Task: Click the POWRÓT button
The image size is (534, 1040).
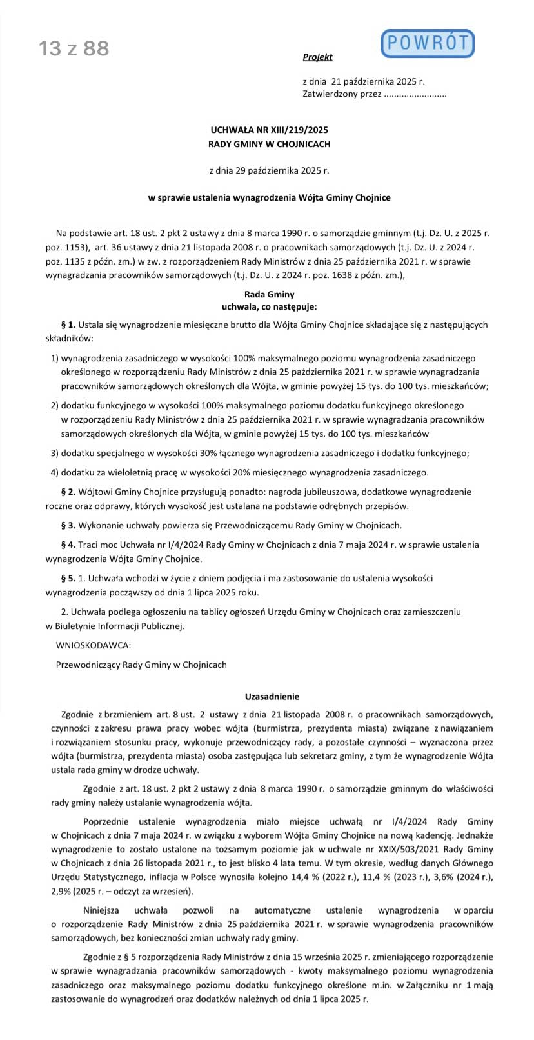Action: (x=428, y=43)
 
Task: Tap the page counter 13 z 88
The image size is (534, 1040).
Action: (x=74, y=48)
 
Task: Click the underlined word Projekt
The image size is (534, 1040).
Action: (x=317, y=57)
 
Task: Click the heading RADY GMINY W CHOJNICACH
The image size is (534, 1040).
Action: (x=269, y=144)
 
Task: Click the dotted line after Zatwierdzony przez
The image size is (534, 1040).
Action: (x=415, y=94)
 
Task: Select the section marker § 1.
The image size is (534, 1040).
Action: (x=68, y=325)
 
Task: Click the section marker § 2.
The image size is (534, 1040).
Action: (x=68, y=492)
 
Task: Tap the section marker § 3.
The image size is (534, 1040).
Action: (x=68, y=525)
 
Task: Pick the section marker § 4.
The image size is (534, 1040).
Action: (x=68, y=545)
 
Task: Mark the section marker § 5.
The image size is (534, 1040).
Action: (x=68, y=578)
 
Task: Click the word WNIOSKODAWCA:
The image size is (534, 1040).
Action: (x=94, y=645)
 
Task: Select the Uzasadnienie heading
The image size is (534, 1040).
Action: (x=272, y=697)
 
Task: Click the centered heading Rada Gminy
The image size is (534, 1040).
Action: (x=270, y=294)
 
